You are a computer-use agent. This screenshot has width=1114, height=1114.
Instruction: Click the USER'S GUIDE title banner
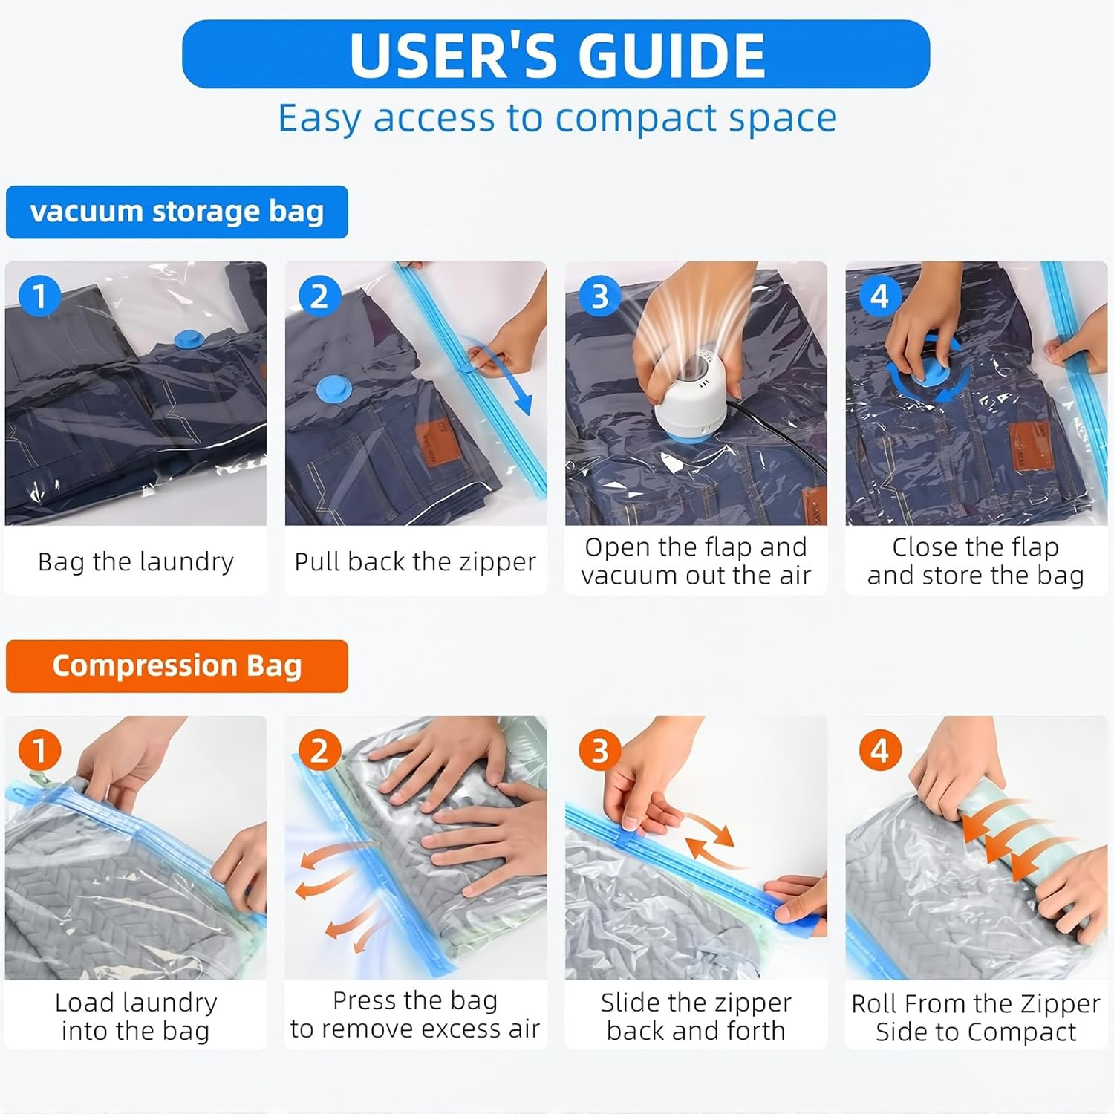556,54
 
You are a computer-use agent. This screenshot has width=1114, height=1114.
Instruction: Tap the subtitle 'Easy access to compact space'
557,118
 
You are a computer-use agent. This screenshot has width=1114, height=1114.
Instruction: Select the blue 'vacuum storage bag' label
177,212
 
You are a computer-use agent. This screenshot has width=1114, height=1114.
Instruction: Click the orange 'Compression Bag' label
177,666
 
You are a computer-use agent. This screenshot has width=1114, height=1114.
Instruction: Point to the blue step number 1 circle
39,296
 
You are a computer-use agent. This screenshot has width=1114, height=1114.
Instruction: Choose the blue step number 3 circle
599,296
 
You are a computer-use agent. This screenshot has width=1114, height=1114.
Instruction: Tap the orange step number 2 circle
319,751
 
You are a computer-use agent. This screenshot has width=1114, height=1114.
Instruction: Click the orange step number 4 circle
879,751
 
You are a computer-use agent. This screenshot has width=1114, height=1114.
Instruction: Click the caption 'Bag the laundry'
136,561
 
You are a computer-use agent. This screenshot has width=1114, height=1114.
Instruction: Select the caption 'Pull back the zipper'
415,561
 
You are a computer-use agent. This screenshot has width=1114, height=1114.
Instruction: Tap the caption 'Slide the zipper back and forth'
696,1016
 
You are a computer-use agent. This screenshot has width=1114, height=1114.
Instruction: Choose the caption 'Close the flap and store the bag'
976,561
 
